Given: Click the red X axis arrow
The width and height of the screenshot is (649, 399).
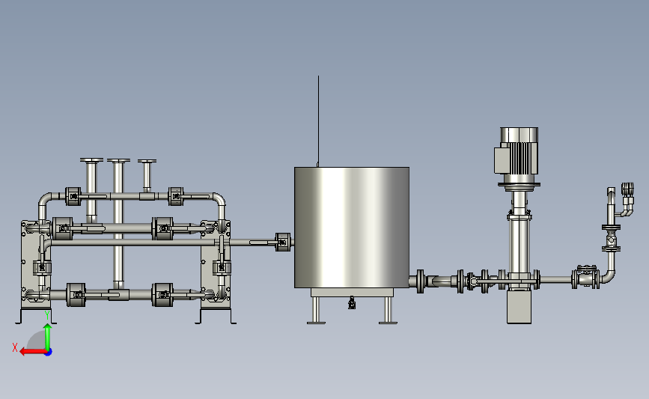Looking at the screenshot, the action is (x=33, y=352).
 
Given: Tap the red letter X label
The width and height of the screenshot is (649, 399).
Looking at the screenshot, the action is (x=15, y=347).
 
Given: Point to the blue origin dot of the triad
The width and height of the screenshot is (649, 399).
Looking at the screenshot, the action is (x=49, y=353).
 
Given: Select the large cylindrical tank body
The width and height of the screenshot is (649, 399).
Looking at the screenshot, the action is (x=352, y=228).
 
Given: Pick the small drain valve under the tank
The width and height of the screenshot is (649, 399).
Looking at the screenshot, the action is (x=352, y=303).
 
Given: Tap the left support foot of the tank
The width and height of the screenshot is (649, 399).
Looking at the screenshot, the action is (x=316, y=311).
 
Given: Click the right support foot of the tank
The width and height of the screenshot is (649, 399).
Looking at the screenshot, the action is (x=388, y=311).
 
